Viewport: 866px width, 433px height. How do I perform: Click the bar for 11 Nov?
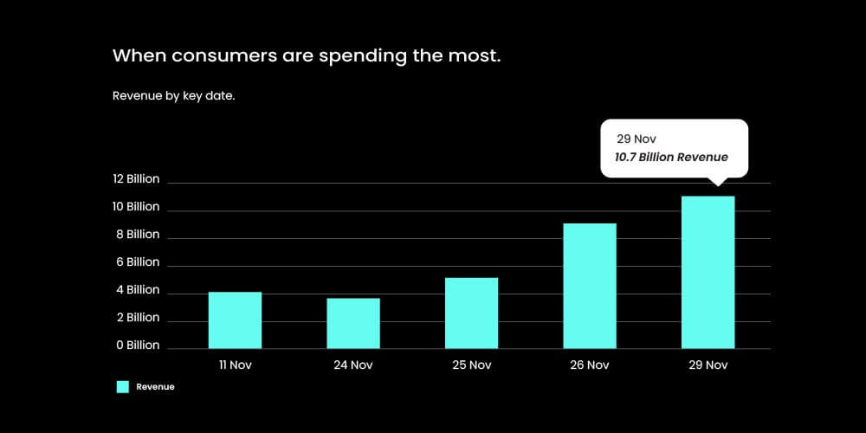pyautogui.click(x=235, y=320)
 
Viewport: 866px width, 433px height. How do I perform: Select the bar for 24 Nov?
pyautogui.click(x=353, y=323)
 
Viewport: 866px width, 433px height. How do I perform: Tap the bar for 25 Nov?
pyautogui.click(x=471, y=313)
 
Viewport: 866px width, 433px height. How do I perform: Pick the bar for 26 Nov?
pyautogui.click(x=590, y=286)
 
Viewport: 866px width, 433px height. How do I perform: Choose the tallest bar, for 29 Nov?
pyautogui.click(x=708, y=272)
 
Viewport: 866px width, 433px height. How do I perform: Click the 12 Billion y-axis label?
pyautogui.click(x=136, y=179)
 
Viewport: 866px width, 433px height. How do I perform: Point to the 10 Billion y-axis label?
pyautogui.click(x=136, y=207)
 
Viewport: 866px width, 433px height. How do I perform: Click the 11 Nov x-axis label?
pyautogui.click(x=235, y=365)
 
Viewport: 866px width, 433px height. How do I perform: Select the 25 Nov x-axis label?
pyautogui.click(x=471, y=365)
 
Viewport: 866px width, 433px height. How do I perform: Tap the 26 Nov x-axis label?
pyautogui.click(x=590, y=365)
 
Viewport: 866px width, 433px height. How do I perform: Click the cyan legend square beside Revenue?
pyautogui.click(x=123, y=387)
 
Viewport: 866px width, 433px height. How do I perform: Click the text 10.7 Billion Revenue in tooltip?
pyautogui.click(x=671, y=158)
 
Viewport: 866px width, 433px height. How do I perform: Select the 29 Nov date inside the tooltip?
pyautogui.click(x=636, y=139)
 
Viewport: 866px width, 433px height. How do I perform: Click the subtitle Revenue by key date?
pyautogui.click(x=174, y=96)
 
